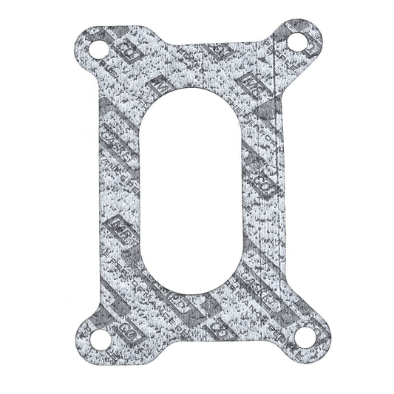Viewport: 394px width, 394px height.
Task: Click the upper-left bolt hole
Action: tap(98, 52)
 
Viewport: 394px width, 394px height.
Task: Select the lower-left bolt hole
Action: tap(98, 342)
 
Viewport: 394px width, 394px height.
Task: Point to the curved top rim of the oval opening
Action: tap(197, 98)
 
